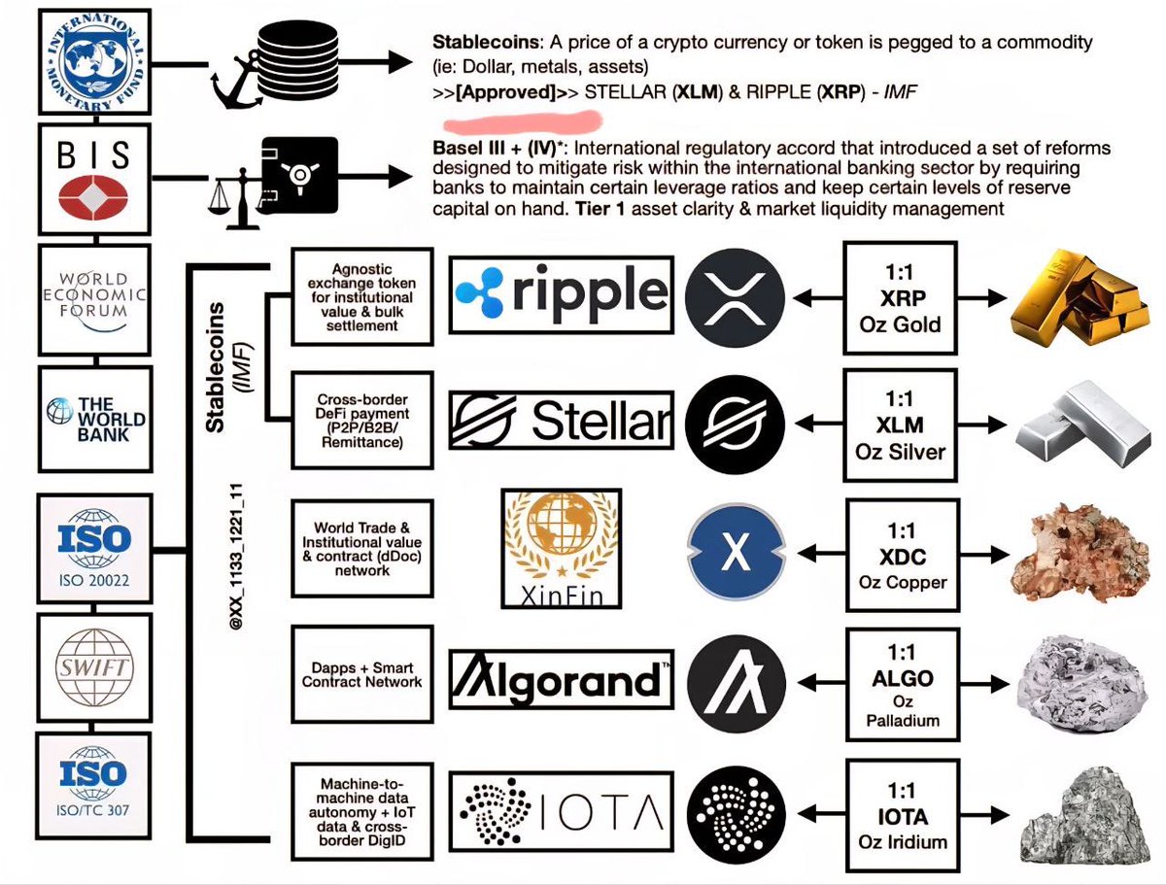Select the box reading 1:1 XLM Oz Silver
tap(899, 425)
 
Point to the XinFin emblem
tap(559, 547)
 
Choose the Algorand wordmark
tap(562, 676)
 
